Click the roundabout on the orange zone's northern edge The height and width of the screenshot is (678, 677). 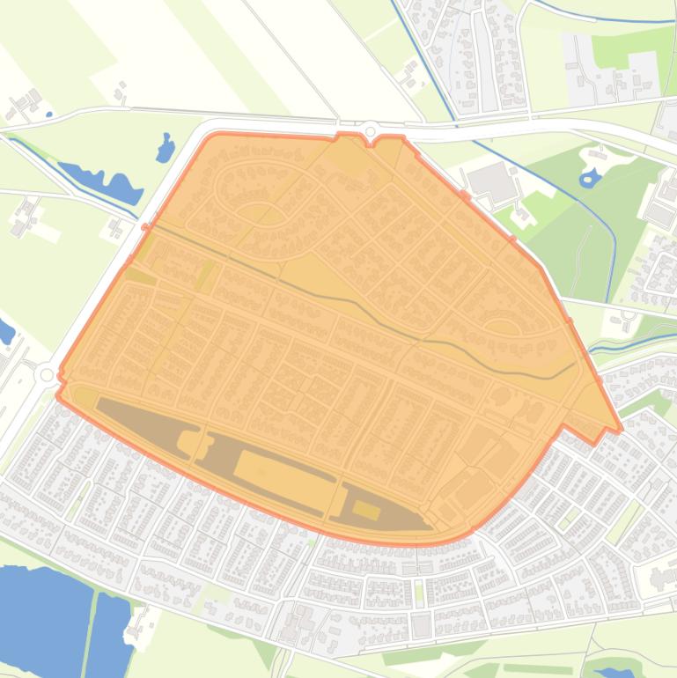(370, 129)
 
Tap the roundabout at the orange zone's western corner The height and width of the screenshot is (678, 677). (45, 375)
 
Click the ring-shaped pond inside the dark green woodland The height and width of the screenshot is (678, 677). (588, 181)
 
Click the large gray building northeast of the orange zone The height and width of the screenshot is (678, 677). (489, 180)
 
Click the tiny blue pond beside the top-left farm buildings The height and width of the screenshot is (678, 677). (49, 114)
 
